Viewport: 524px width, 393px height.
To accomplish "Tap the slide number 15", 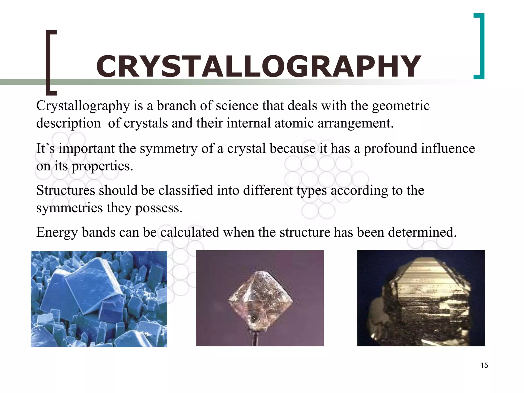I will [x=484, y=365].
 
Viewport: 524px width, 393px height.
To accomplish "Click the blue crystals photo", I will [x=99, y=299].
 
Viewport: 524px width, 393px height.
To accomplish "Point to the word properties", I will [x=102, y=167].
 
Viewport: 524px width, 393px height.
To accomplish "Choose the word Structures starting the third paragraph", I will [x=66, y=191].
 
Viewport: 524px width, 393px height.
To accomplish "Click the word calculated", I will [x=190, y=232].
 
